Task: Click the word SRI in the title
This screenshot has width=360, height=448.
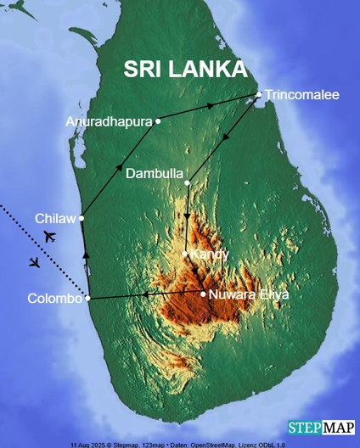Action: tap(143, 69)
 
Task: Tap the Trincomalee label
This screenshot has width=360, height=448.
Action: tap(301, 94)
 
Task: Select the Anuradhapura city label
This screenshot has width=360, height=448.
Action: tap(107, 122)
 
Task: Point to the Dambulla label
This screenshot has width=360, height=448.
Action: tap(154, 173)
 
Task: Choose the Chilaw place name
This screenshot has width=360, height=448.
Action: tap(55, 218)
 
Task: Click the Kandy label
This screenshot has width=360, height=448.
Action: tap(210, 254)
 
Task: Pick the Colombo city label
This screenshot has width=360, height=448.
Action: tap(54, 299)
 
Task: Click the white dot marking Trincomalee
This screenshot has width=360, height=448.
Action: tap(260, 94)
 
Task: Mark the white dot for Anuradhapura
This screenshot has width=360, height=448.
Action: tap(158, 121)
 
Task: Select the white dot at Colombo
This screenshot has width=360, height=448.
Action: tap(87, 298)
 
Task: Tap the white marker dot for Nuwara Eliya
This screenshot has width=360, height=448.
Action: tap(203, 294)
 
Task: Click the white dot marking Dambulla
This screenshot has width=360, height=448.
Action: tap(188, 181)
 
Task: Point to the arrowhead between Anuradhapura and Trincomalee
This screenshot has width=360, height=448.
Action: tap(211, 106)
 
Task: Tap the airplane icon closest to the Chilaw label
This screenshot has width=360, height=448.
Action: tap(49, 236)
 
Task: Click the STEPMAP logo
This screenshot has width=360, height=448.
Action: tap(322, 427)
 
